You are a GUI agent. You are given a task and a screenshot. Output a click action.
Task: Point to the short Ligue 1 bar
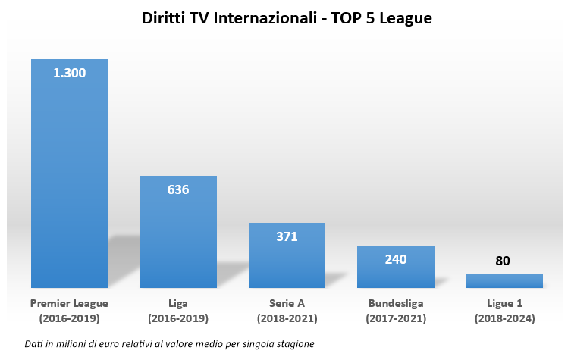pos(504,281)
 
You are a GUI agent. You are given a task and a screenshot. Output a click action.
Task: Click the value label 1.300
pos(69,74)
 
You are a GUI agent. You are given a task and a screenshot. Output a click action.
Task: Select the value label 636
pos(178,189)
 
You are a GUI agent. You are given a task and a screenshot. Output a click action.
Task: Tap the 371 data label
pos(287,236)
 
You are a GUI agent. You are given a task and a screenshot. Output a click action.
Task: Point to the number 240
pos(396,259)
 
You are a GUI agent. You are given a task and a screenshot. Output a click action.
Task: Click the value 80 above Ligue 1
pos(503,261)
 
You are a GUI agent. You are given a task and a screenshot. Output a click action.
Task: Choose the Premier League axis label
pos(69,303)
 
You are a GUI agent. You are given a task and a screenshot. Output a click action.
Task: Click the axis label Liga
pos(178,303)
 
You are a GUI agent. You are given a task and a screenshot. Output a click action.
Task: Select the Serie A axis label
pos(287,303)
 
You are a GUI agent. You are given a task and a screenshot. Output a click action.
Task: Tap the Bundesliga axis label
pos(396,303)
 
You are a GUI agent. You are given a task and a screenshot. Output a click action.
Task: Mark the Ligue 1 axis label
pos(504,303)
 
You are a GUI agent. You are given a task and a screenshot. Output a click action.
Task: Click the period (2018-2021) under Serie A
pos(287,318)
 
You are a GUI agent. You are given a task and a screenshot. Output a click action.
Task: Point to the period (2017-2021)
pos(396,318)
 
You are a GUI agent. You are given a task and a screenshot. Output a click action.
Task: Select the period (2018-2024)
pos(504,318)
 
